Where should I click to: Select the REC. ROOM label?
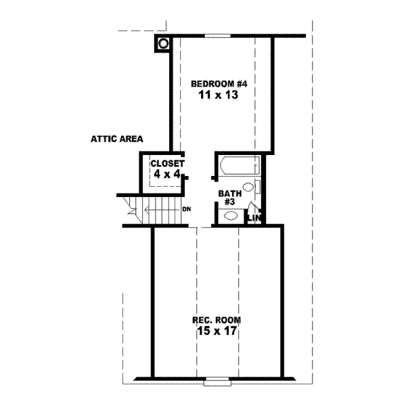(217, 319)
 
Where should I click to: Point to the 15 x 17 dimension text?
(217, 332)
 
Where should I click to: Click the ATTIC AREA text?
(117, 140)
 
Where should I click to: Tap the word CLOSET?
(167, 163)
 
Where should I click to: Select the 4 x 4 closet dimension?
(166, 175)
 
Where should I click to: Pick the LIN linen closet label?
(254, 217)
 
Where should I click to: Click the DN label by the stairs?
(187, 208)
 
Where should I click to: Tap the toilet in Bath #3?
(248, 187)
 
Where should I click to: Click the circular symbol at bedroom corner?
(162, 45)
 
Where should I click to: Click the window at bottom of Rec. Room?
(217, 380)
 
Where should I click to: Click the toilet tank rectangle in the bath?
(258, 187)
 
